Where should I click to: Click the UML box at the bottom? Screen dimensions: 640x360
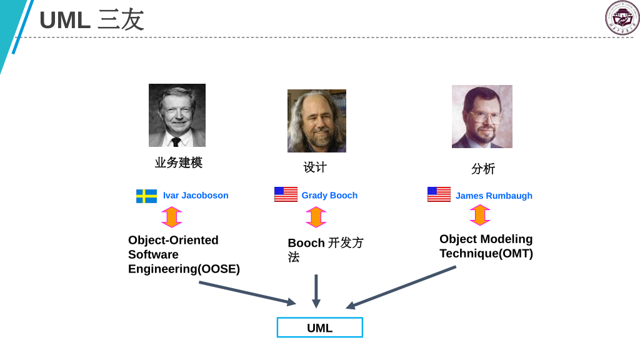[319, 327]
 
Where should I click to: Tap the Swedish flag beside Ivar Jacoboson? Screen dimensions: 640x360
[146, 196]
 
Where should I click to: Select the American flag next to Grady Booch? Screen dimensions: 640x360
[286, 194]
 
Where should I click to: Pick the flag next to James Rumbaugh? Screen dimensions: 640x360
[439, 194]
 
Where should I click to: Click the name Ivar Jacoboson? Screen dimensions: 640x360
[196, 196]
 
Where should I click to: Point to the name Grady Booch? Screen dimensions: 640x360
[329, 196]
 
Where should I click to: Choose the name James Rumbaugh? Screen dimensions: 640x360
[494, 196]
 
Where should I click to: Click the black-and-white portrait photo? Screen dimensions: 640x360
[177, 115]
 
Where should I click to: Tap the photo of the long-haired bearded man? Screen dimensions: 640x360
[316, 121]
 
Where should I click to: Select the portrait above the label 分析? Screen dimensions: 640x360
[482, 116]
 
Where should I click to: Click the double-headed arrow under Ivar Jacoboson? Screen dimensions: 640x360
[172, 217]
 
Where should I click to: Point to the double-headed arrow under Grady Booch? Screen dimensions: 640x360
[316, 217]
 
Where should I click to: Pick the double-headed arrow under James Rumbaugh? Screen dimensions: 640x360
[480, 215]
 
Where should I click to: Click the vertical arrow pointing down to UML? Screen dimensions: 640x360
[316, 291]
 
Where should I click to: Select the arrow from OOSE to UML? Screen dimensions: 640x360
[247, 293]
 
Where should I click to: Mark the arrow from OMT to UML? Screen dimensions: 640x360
[401, 287]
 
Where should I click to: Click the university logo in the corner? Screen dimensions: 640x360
[622, 17]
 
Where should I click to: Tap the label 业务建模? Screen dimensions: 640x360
[179, 162]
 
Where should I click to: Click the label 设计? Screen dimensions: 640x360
[315, 167]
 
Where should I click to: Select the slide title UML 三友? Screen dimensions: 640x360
[92, 20]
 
